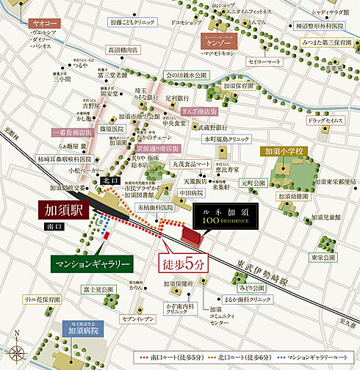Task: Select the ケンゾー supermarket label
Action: click(x=219, y=43)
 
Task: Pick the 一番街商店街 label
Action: click(x=65, y=133)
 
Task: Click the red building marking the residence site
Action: click(x=193, y=237)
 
